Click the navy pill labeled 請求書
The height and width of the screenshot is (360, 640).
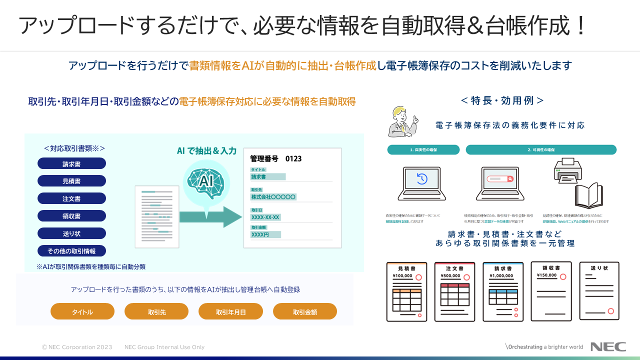71,163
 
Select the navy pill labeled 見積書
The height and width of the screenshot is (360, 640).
71,181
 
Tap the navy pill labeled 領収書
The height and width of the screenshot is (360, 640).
71,216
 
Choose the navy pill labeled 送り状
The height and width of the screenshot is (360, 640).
71,233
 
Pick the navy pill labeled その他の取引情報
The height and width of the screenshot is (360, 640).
71,251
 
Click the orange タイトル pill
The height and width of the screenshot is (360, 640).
82,311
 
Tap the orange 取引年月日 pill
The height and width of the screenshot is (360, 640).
230,311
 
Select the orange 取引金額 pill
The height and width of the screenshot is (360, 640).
305,311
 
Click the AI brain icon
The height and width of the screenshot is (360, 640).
205,183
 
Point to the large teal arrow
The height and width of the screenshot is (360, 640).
210,216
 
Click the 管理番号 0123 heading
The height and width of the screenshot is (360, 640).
275,158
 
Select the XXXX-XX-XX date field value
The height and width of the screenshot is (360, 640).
265,217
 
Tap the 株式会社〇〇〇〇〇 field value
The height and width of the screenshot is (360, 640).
273,197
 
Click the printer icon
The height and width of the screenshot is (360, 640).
568,170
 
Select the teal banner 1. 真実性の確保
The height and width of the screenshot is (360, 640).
423,149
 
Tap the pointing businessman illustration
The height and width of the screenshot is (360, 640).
403,121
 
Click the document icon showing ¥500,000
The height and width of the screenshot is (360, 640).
454,291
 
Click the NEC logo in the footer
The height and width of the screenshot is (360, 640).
608,346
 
